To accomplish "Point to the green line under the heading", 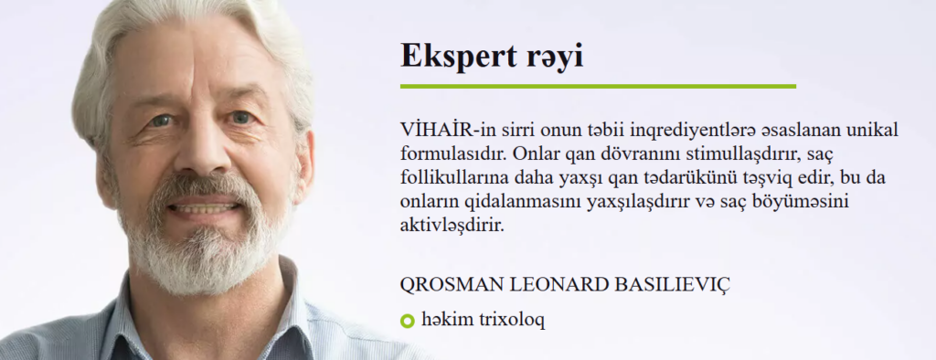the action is coord(598,87).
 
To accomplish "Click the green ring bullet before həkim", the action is coord(407,322).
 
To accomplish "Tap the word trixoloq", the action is coord(512,321).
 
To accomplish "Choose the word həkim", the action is coord(447,320).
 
